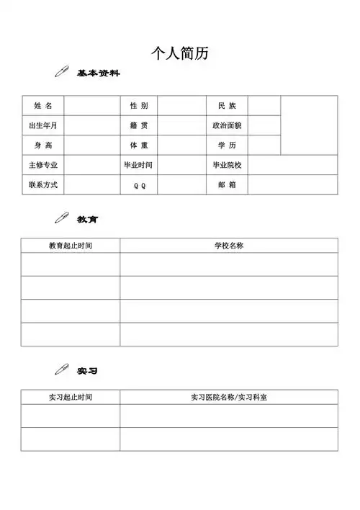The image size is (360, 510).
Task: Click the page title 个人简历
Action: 180,53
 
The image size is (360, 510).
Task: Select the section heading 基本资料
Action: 99,73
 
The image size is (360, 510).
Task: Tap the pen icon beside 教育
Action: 61,218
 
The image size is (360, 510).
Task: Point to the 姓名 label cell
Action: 43,106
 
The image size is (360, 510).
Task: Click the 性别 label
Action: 139,106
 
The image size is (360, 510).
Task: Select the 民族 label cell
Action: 227,106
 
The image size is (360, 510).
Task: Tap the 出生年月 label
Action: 43,125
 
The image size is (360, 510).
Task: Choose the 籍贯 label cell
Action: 139,125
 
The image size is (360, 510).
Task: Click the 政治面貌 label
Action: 227,125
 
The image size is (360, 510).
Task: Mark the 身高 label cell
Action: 43,146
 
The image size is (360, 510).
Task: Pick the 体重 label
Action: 139,146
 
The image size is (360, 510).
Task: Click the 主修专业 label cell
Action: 43,165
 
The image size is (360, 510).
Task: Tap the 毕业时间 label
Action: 139,165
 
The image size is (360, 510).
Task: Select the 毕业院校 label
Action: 227,165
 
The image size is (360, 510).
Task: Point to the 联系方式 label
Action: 43,185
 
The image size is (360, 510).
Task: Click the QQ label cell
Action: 139,185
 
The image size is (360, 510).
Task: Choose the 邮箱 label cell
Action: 227,185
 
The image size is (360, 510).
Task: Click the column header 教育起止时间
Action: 71,246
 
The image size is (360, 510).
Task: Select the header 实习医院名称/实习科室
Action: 229,397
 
